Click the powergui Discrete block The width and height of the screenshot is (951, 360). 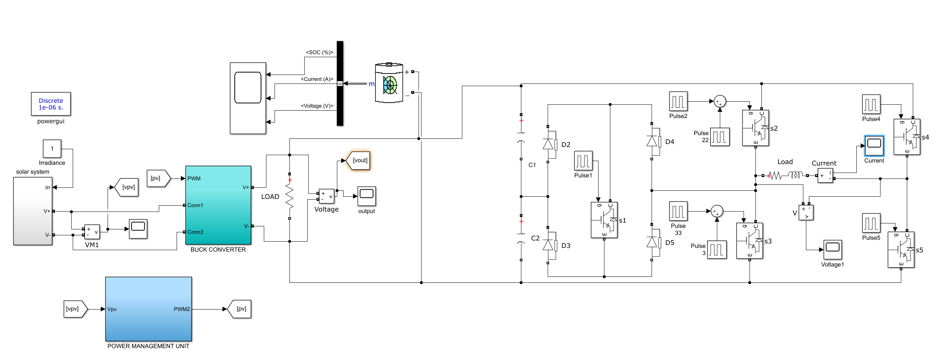point(51,104)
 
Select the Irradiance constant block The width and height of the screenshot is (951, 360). point(52,149)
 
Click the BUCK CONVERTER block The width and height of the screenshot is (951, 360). point(218,205)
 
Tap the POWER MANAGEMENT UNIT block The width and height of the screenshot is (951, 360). point(148,309)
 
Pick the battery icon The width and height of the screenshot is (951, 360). point(389,83)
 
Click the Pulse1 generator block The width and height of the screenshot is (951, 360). point(583,161)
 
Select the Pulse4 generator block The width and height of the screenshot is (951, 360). point(871,104)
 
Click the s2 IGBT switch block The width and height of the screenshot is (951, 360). point(755,128)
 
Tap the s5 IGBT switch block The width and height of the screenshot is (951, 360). point(901,250)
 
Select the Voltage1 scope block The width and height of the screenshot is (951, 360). point(832,249)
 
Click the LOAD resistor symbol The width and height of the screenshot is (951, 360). point(289,196)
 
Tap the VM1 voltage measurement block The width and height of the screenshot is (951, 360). point(92,232)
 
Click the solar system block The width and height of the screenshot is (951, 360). point(33,211)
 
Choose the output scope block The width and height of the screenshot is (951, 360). point(367,196)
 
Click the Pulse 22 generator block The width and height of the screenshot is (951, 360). point(720,137)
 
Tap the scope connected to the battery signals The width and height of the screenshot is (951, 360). point(248,98)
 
